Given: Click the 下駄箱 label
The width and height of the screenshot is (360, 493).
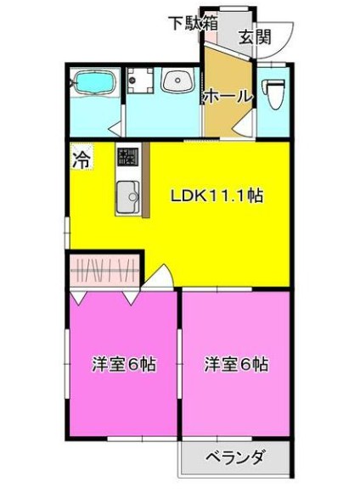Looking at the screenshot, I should pos(191,22).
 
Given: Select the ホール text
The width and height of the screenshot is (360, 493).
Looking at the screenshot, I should pos(228,97).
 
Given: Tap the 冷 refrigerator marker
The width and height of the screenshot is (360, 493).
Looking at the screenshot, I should pos(82,158).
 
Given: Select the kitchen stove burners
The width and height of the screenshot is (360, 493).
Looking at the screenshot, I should pos(127,157).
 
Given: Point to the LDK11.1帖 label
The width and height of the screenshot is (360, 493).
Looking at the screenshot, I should pos(217,195).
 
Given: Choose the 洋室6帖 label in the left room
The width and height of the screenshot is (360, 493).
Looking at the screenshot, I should pos(123,365).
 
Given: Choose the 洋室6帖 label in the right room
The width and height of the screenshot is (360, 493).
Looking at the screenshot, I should pos(236,365).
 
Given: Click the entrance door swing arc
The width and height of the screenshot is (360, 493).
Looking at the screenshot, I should pos(278,38).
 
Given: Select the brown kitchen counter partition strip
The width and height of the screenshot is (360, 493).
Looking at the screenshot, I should pos(146,181).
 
